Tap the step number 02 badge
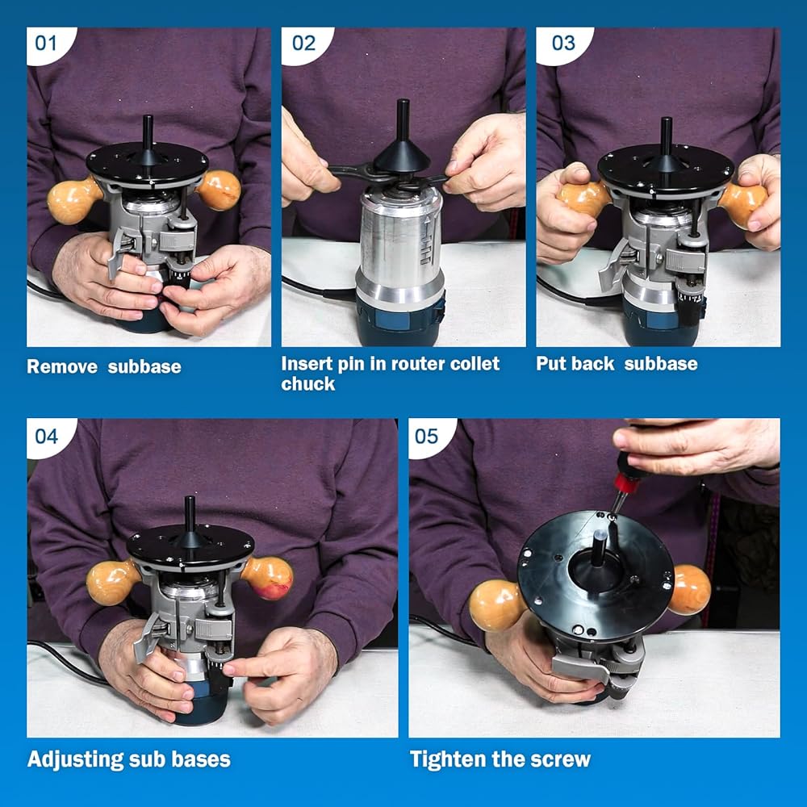tap(304, 44)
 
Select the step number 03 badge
tap(563, 44)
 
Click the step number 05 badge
tap(427, 437)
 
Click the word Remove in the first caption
tap(62, 366)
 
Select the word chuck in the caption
tap(307, 383)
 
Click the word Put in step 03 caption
tap(550, 363)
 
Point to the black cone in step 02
tap(401, 154)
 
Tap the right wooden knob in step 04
tap(268, 578)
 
